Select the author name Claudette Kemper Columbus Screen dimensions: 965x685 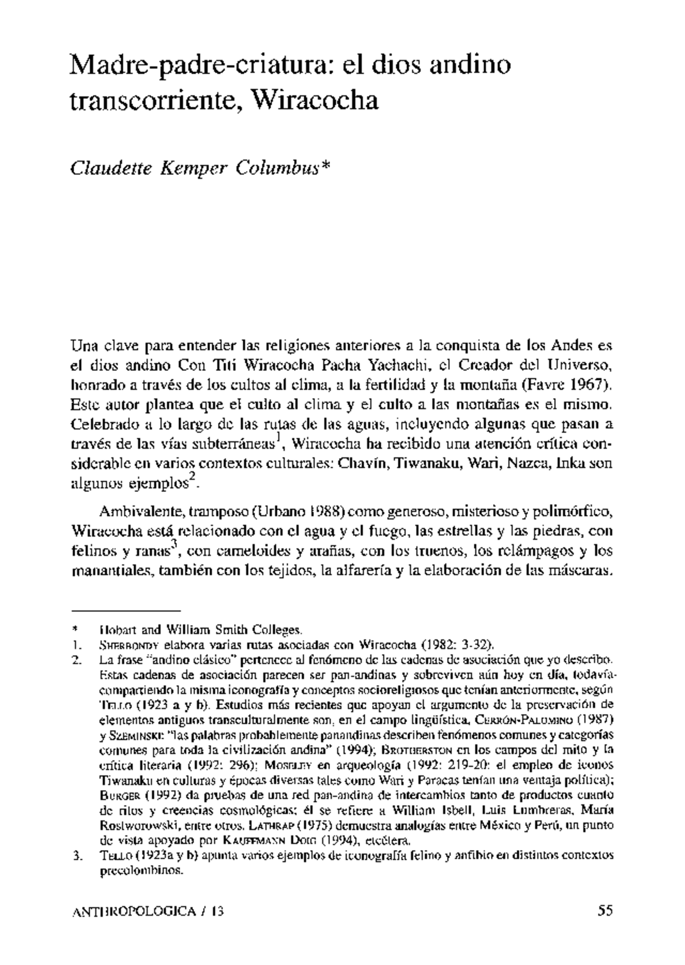click(200, 170)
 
